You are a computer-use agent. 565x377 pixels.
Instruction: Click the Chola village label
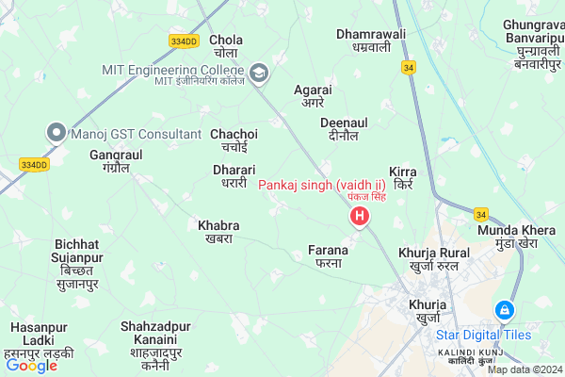click(x=226, y=46)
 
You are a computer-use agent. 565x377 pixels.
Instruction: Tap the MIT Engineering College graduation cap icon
click(x=257, y=71)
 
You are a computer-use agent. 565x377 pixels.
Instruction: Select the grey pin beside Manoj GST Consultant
click(x=56, y=133)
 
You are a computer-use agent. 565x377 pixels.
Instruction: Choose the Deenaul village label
click(x=344, y=130)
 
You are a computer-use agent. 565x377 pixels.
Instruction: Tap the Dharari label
click(x=234, y=176)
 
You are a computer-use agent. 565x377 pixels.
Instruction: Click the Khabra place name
click(x=218, y=232)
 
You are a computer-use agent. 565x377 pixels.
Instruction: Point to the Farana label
click(x=329, y=256)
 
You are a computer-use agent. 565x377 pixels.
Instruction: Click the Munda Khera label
click(x=520, y=237)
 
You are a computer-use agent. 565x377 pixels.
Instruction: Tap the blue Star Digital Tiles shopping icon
click(x=505, y=310)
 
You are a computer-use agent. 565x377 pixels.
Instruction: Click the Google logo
click(x=31, y=365)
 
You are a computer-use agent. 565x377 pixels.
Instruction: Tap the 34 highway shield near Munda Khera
click(x=481, y=214)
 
